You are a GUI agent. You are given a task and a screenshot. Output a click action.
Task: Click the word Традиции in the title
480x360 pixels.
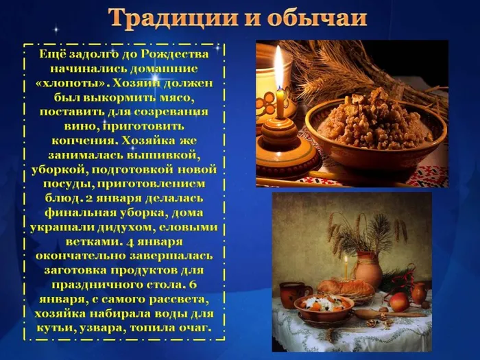(169, 19)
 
